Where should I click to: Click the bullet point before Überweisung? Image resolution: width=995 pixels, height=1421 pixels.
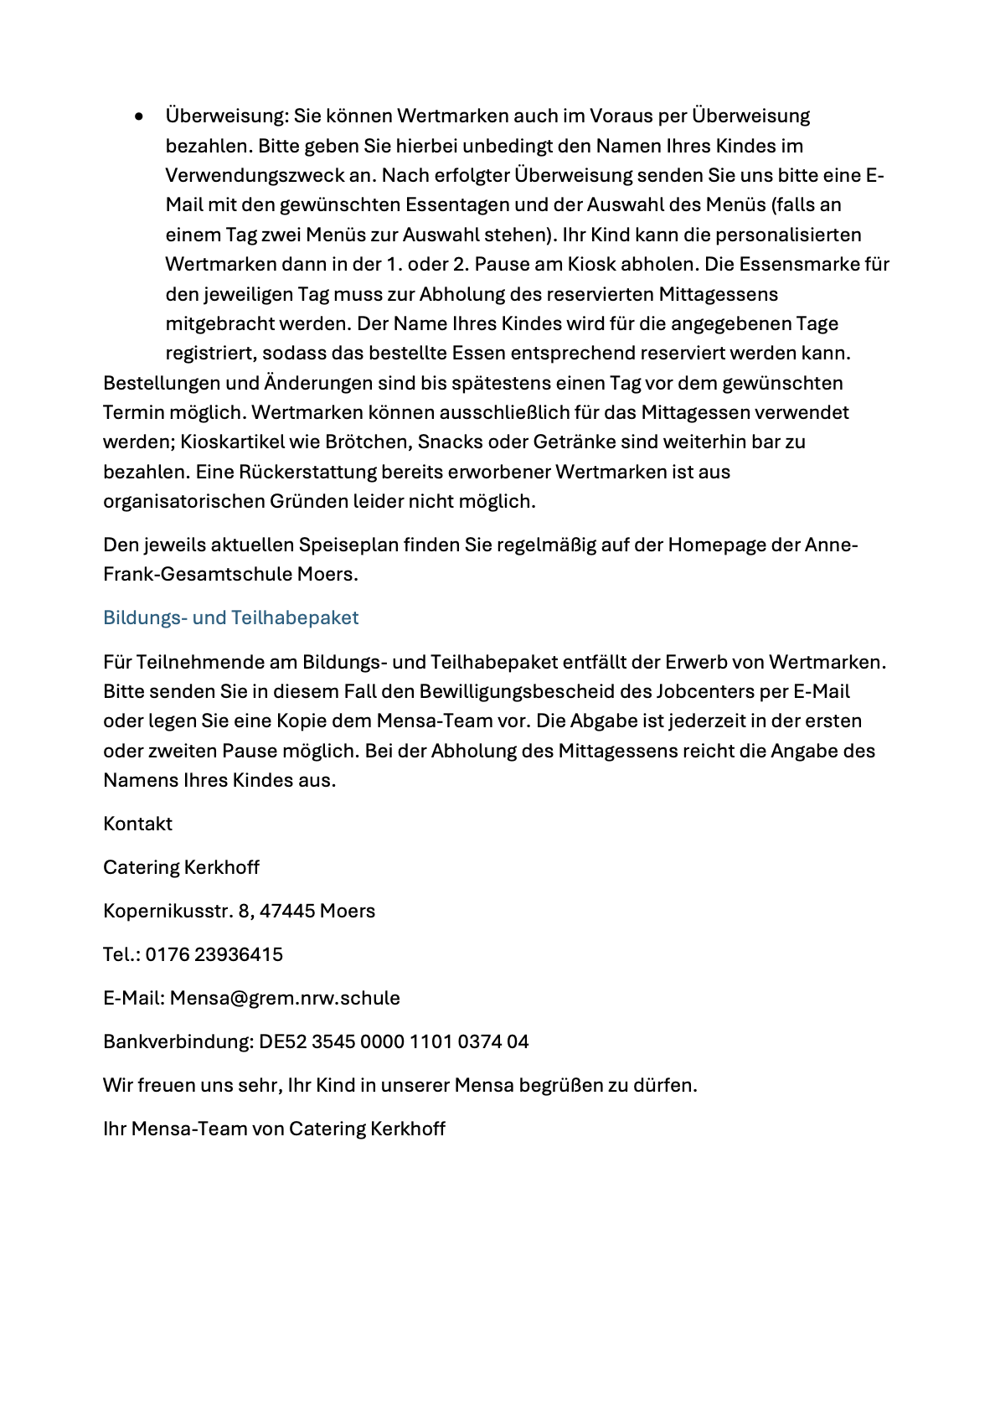139,116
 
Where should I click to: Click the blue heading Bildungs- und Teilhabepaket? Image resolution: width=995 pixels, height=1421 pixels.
230,617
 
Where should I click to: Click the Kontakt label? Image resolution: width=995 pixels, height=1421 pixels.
137,824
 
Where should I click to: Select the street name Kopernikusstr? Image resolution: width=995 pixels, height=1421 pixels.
168,911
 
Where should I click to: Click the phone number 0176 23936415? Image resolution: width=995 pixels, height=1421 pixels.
214,954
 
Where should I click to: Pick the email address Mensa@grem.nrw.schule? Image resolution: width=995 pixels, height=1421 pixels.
285,998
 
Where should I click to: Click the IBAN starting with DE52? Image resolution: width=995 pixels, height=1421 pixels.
394,1041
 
